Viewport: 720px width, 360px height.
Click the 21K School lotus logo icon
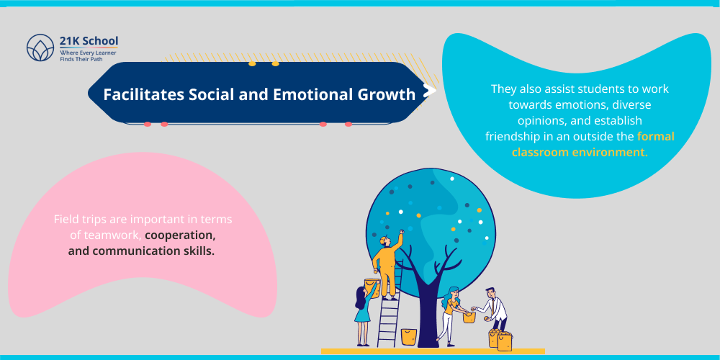[40, 48]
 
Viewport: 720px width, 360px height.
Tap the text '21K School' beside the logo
[89, 40]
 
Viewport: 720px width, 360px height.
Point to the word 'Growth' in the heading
[389, 94]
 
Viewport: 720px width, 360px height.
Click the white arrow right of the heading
[429, 91]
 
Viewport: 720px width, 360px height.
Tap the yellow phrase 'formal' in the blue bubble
[655, 136]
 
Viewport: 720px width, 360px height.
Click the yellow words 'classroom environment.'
[580, 152]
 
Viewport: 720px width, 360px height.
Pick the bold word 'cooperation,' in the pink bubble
[180, 235]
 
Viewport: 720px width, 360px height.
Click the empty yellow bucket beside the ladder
[408, 336]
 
